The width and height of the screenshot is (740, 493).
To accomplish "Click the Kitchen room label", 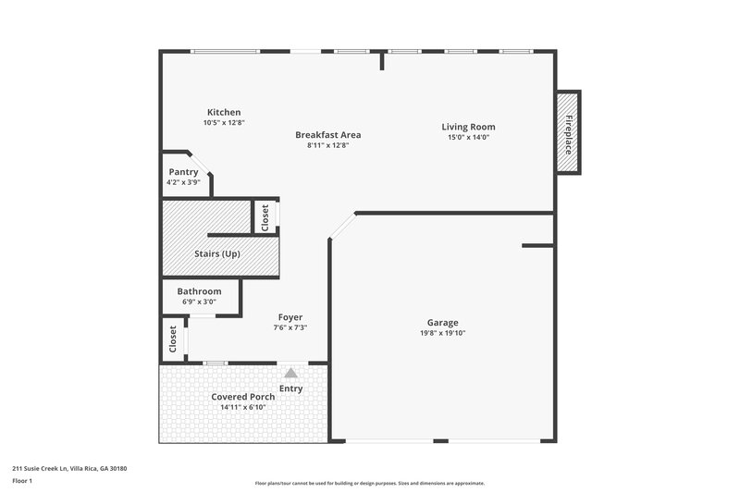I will pyautogui.click(x=224, y=112).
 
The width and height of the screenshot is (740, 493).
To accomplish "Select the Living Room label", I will pyautogui.click(x=467, y=127).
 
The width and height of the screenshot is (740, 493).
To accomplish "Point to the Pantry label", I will pyautogui.click(x=183, y=172).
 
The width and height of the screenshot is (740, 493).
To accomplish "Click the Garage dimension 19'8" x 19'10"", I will pyautogui.click(x=441, y=333).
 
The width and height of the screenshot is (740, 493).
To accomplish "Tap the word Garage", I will pyautogui.click(x=441, y=323).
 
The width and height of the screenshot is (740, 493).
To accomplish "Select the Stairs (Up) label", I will pyautogui.click(x=217, y=253).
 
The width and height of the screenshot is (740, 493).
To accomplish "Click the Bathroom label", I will pyautogui.click(x=199, y=291).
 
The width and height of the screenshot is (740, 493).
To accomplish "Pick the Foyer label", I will pyautogui.click(x=290, y=317).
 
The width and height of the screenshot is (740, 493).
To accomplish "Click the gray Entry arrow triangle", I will pyautogui.click(x=290, y=373).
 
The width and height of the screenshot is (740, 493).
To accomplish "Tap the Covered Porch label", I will pyautogui.click(x=242, y=397).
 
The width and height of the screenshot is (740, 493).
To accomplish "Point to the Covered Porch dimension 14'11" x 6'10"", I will pyautogui.click(x=242, y=407).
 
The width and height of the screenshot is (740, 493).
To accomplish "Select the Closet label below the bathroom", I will pyautogui.click(x=173, y=339).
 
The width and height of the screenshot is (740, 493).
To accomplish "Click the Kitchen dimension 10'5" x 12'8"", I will pyautogui.click(x=224, y=122).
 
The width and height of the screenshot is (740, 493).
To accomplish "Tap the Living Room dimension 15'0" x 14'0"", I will pyautogui.click(x=467, y=138).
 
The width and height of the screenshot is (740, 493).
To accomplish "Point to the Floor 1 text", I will pyautogui.click(x=22, y=482).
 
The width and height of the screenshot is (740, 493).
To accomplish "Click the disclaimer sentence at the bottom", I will pyautogui.click(x=369, y=483).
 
